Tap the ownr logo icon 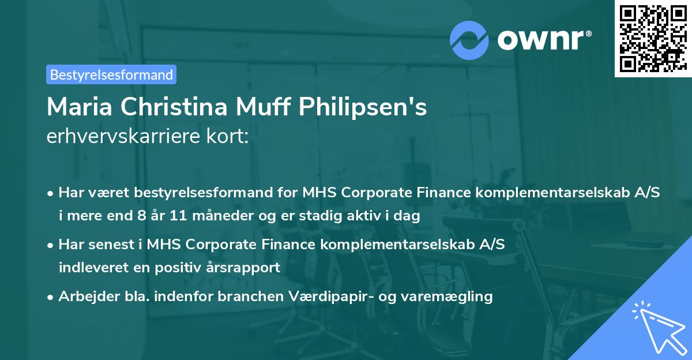tap(469, 40)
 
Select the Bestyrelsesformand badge tap(111, 74)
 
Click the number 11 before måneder tap(162, 217)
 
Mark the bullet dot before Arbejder tap(51, 297)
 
